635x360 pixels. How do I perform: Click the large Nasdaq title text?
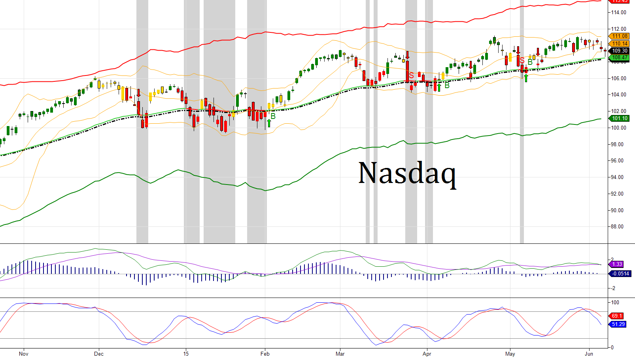pyautogui.click(x=407, y=173)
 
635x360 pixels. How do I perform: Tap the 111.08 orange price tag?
pyautogui.click(x=620, y=36)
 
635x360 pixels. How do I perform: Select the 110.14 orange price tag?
pyautogui.click(x=620, y=43)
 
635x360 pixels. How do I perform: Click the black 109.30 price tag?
pyautogui.click(x=620, y=51)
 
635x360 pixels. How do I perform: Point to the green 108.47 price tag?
pyautogui.click(x=620, y=58)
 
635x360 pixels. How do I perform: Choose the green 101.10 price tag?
pyautogui.click(x=620, y=118)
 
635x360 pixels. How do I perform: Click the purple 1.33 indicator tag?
pyautogui.click(x=617, y=264)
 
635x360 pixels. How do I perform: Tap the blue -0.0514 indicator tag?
pyautogui.click(x=620, y=273)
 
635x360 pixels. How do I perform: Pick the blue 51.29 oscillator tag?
pyautogui.click(x=618, y=324)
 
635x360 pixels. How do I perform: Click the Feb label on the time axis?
pyautogui.click(x=265, y=354)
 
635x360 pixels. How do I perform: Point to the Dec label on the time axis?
pyautogui.click(x=99, y=354)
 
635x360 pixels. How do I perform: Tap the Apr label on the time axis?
pyautogui.click(x=427, y=354)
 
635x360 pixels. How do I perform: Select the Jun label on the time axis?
pyautogui.click(x=589, y=354)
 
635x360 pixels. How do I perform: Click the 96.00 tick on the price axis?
pyautogui.click(x=619, y=161)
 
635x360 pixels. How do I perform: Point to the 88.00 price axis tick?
pyautogui.click(x=619, y=227)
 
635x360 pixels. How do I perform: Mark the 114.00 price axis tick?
pyautogui.click(x=619, y=13)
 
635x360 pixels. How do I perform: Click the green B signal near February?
pyautogui.click(x=273, y=116)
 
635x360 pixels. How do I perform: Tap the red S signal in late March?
pyautogui.click(x=412, y=75)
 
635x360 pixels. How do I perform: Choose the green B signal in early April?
pyautogui.click(x=447, y=85)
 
